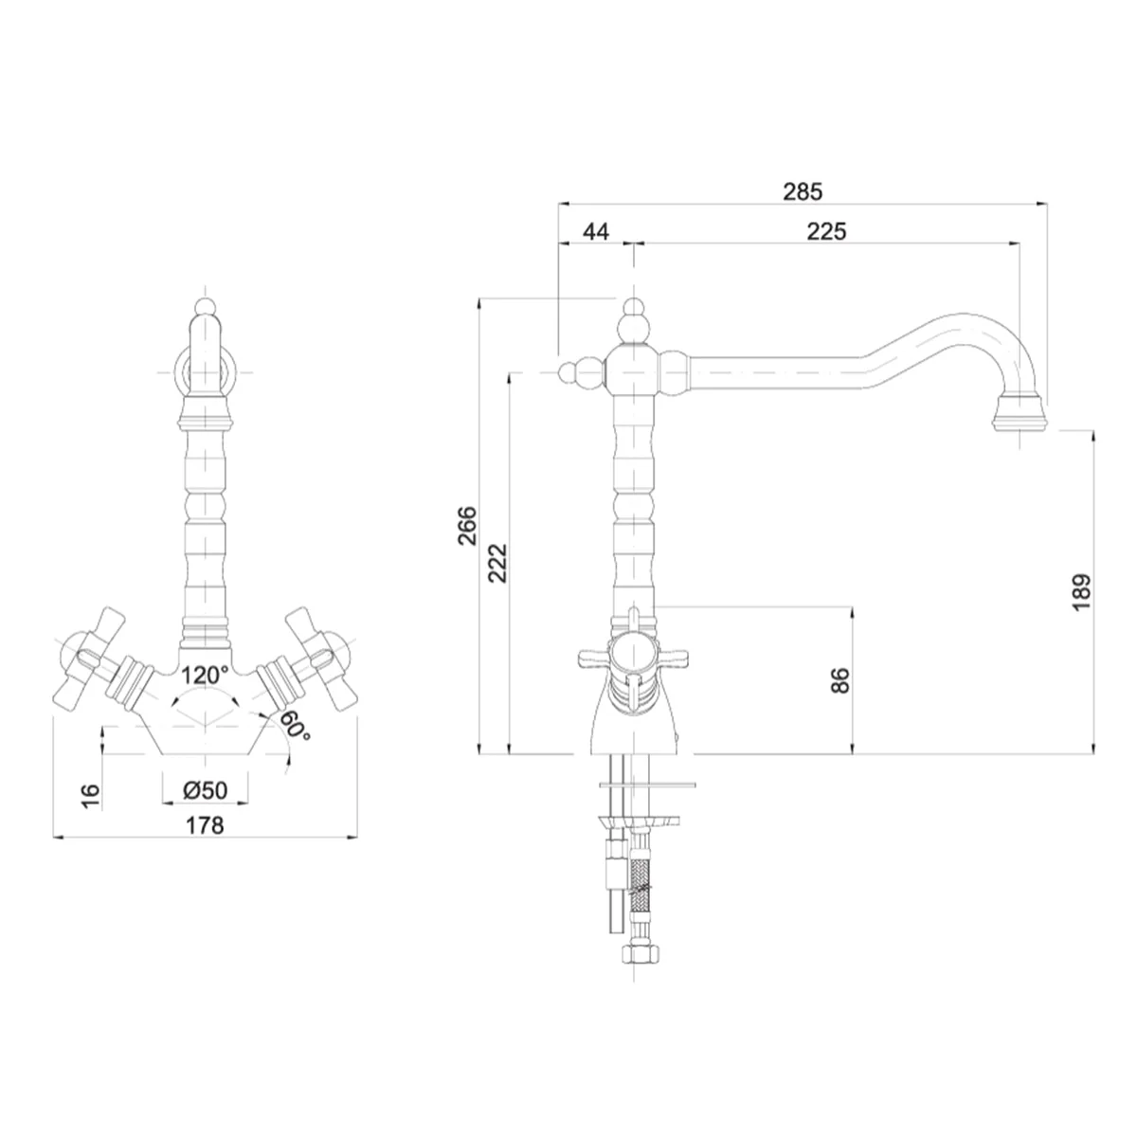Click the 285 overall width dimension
pyautogui.click(x=802, y=191)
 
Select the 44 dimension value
pyautogui.click(x=596, y=232)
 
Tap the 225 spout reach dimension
pyautogui.click(x=826, y=232)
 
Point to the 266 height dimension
pyautogui.click(x=467, y=525)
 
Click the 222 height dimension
pyautogui.click(x=497, y=563)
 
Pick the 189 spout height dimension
pyautogui.click(x=1082, y=592)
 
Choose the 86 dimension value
pyautogui.click(x=839, y=679)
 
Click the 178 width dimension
pyautogui.click(x=205, y=825)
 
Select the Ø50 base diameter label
pyautogui.click(x=205, y=790)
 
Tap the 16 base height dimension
pyautogui.click(x=90, y=797)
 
